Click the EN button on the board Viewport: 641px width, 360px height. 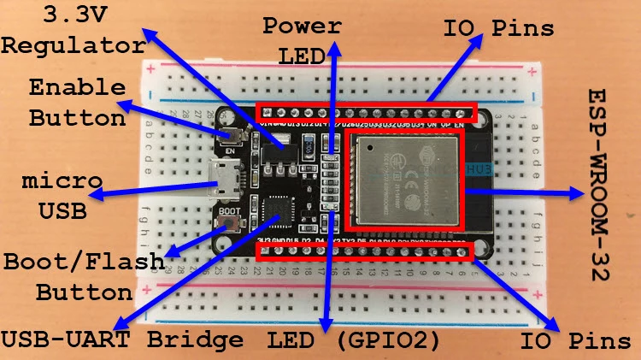pos(229,134)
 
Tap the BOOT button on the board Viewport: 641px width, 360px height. pos(229,225)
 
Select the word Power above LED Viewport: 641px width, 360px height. pos(301,25)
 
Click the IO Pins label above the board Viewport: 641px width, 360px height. pos(498,27)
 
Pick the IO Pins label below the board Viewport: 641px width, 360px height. pos(579,340)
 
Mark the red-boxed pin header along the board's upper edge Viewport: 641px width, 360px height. pos(366,113)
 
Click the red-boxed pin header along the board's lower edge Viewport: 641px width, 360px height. pos(365,251)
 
